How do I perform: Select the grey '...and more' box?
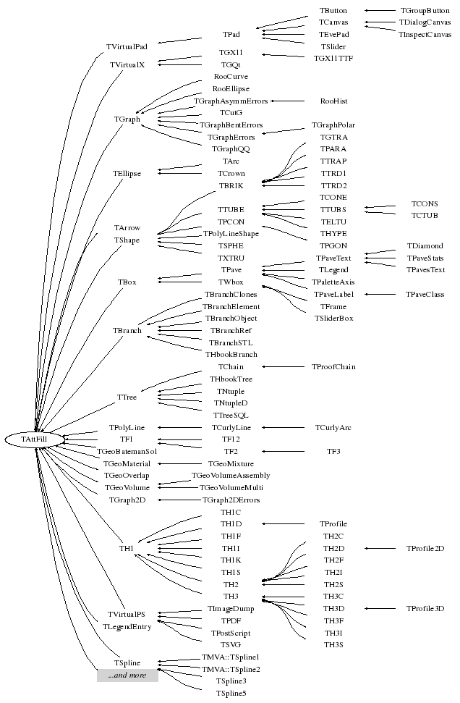(x=127, y=675)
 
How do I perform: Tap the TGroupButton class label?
(x=425, y=11)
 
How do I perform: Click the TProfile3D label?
(x=425, y=609)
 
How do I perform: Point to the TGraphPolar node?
(x=333, y=125)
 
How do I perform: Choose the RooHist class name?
(x=333, y=101)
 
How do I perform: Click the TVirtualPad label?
(x=127, y=47)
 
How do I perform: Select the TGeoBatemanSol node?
(x=127, y=451)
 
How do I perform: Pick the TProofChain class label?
(x=333, y=367)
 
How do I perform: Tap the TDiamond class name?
(x=425, y=246)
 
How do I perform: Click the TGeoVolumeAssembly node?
(x=231, y=476)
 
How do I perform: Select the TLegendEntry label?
(x=127, y=627)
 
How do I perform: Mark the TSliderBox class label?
(x=333, y=319)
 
